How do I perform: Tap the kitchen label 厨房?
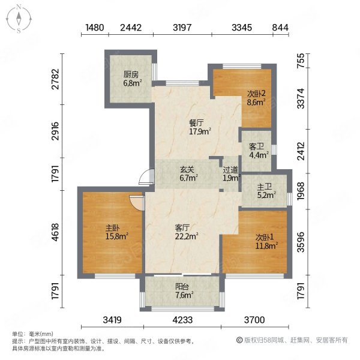point(131,74)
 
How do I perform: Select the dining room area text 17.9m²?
point(200,131)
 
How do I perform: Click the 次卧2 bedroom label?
point(256,94)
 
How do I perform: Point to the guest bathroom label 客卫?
point(256,146)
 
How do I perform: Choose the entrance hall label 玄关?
point(187,170)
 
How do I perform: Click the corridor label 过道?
point(230,170)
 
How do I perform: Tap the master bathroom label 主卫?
point(265,187)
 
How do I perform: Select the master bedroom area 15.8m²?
point(116,236)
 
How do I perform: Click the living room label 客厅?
point(182,228)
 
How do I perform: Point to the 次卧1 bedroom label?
point(265,237)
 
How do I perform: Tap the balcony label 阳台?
point(182,287)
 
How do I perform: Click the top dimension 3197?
point(182,28)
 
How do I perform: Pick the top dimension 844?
point(280,28)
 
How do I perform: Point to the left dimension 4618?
point(56,232)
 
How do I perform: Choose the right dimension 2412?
point(301,151)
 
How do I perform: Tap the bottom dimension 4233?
point(182,320)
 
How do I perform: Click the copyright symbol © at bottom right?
point(239,340)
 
